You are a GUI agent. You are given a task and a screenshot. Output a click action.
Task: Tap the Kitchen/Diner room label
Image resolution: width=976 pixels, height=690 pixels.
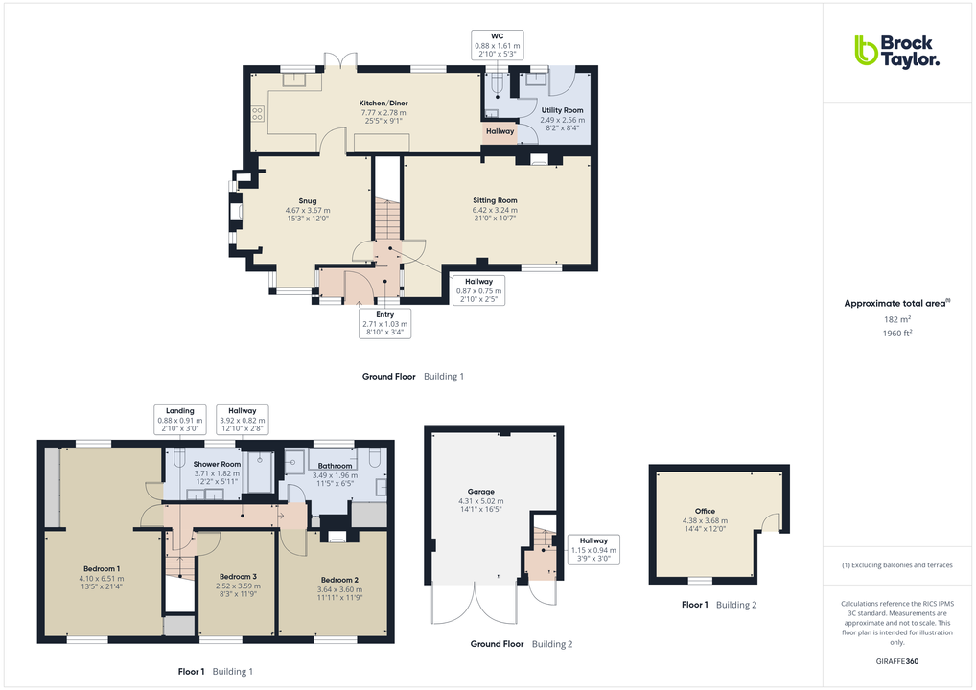click(383, 103)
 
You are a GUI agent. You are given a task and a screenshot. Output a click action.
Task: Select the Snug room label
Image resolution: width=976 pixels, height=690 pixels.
click(307, 201)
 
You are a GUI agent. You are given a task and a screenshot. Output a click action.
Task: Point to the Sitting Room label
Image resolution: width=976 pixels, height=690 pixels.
click(495, 200)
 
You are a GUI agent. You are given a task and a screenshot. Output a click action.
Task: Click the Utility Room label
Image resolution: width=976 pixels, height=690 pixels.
click(562, 111)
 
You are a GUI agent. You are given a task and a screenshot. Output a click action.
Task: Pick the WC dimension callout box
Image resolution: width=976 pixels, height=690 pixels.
click(497, 45)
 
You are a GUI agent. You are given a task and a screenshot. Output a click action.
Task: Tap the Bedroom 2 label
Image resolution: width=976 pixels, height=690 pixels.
click(339, 580)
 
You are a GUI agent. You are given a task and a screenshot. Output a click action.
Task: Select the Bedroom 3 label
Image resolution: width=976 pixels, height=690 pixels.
click(235, 576)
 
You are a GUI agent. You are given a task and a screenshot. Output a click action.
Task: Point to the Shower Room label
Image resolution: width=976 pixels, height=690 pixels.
click(217, 464)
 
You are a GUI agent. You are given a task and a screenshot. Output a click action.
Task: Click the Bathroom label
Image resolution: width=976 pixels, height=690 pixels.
click(334, 467)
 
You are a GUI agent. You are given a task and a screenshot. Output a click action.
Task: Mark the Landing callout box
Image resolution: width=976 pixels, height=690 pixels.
click(180, 420)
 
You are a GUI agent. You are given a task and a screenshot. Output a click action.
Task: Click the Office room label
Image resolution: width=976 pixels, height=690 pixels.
click(705, 512)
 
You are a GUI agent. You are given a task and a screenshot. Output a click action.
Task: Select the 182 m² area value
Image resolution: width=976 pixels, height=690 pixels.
click(896, 319)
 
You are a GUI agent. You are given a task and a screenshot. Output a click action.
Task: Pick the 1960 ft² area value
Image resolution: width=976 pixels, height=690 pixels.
click(896, 333)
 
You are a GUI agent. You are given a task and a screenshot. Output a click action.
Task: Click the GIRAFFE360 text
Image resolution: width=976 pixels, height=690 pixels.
click(896, 661)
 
